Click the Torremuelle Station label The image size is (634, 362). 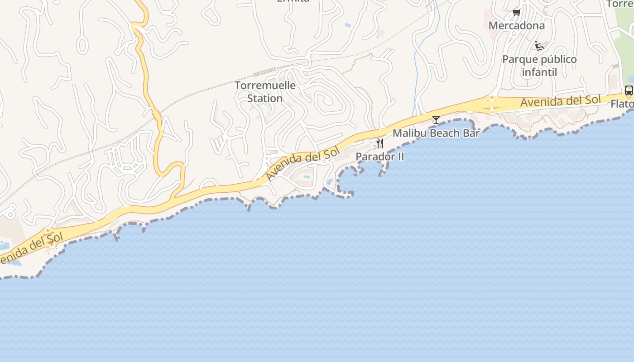(x=265, y=91)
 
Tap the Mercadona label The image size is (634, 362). (x=516, y=25)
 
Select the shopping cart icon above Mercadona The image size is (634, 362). (x=516, y=12)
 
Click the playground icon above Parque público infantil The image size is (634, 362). (x=539, y=46)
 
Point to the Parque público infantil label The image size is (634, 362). (x=539, y=66)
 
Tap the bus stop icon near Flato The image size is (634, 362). (x=629, y=90)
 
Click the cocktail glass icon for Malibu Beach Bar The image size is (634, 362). (x=436, y=120)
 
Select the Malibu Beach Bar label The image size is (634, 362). (x=436, y=133)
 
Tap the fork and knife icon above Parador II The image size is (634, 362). (x=380, y=143)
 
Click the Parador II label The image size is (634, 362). (x=379, y=157)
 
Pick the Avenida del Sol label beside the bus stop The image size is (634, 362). (x=560, y=101)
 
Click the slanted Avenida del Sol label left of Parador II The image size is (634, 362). (x=302, y=164)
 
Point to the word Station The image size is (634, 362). (x=265, y=98)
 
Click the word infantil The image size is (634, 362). (x=539, y=72)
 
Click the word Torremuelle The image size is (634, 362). (x=265, y=85)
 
